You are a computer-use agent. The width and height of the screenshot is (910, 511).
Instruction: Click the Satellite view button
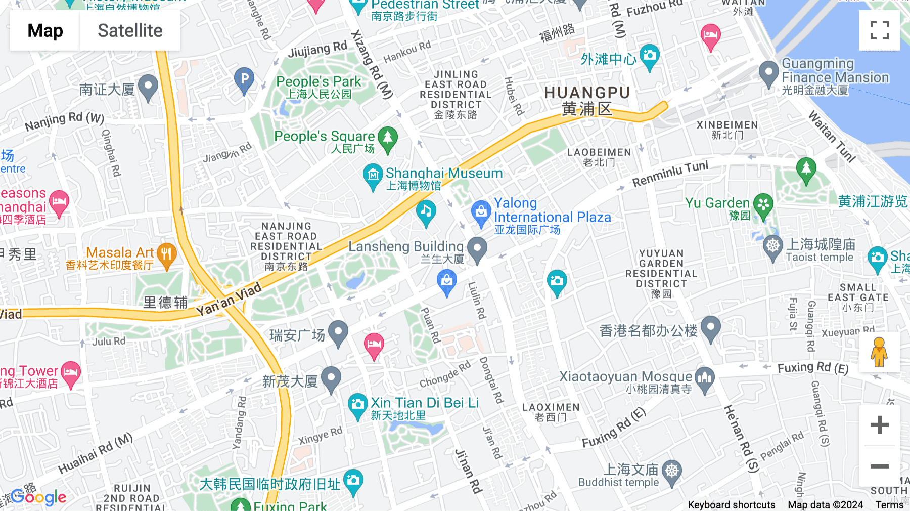[130, 30]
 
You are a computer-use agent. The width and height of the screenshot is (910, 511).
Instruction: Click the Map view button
[45, 30]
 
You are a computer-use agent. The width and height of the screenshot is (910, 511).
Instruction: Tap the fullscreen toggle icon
[879, 30]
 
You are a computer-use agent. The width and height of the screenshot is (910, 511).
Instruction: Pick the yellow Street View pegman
[879, 352]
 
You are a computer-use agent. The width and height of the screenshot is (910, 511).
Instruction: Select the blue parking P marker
[244, 79]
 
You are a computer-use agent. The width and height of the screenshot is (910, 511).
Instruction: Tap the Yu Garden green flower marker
[763, 205]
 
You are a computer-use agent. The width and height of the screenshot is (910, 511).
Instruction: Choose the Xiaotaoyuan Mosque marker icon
[705, 378]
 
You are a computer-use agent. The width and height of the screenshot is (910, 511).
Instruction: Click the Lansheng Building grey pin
[477, 248]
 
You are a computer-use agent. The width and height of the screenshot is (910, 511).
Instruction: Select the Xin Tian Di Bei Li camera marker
[358, 405]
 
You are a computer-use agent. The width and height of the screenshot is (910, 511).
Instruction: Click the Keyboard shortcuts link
[731, 504]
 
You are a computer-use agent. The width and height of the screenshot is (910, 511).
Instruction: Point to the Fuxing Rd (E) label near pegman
[813, 368]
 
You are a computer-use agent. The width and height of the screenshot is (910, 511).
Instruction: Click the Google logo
[38, 497]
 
